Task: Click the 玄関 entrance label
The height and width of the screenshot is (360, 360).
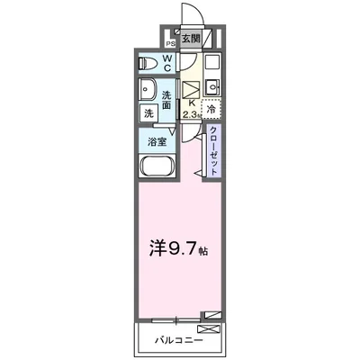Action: [x=190, y=39]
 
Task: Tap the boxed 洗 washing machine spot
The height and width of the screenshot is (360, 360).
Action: [x=148, y=114]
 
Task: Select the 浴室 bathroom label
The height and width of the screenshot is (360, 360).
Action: [x=157, y=142]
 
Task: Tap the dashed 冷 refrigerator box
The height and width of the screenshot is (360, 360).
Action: [x=211, y=109]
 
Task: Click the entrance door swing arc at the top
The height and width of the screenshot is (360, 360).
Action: [x=191, y=14]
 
